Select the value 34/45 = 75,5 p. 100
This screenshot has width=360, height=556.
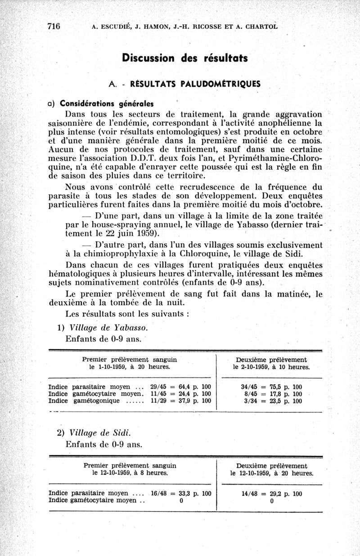pos(271,387)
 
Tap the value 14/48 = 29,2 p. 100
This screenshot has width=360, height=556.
pos(272,493)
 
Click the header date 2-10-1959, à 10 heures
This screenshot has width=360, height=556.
pos(271,367)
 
